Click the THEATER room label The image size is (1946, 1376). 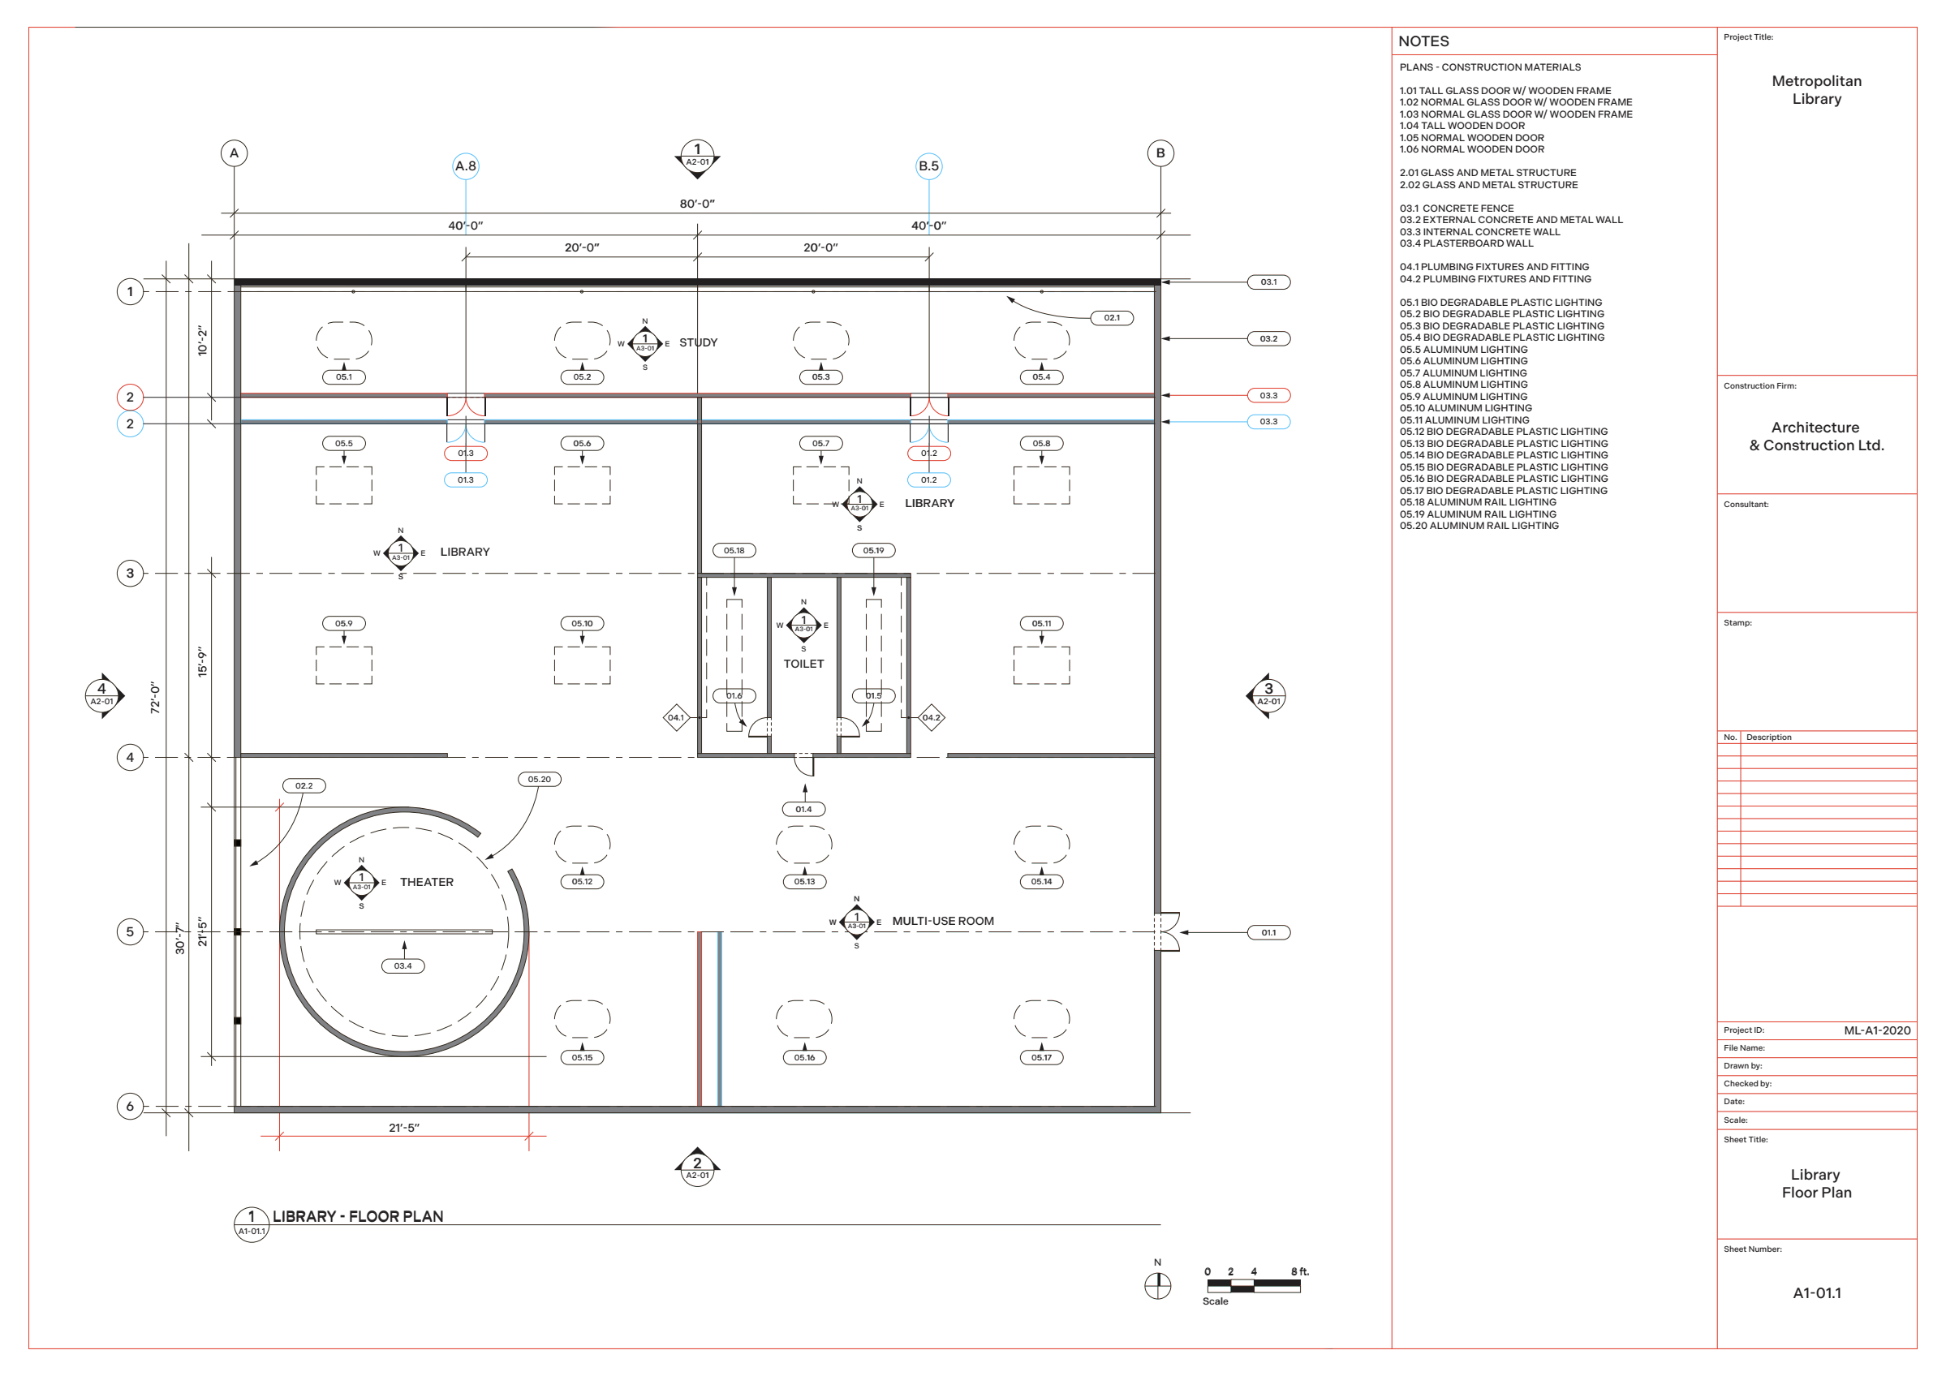coord(426,882)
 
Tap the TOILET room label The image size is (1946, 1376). coord(803,664)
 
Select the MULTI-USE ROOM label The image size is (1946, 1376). coord(942,921)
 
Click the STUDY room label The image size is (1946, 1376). coord(698,342)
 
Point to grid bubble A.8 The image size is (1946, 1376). coord(465,166)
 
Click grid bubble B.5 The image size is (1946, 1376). coord(929,166)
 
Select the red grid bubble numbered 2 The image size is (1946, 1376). coord(130,397)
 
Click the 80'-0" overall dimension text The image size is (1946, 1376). coord(697,204)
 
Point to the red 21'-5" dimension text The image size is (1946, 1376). coord(403,1128)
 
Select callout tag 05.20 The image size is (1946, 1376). coord(539,780)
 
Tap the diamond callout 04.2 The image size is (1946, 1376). coord(932,718)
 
